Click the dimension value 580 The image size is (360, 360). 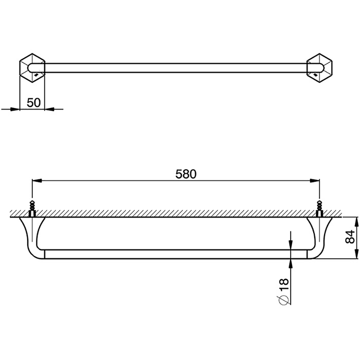[x=186, y=174]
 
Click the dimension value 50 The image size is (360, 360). [x=33, y=102]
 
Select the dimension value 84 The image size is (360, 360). [x=350, y=237]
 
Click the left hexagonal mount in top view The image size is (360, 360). [x=32, y=67]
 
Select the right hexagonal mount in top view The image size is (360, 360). [x=318, y=67]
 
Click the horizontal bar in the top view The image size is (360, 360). [x=175, y=67]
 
